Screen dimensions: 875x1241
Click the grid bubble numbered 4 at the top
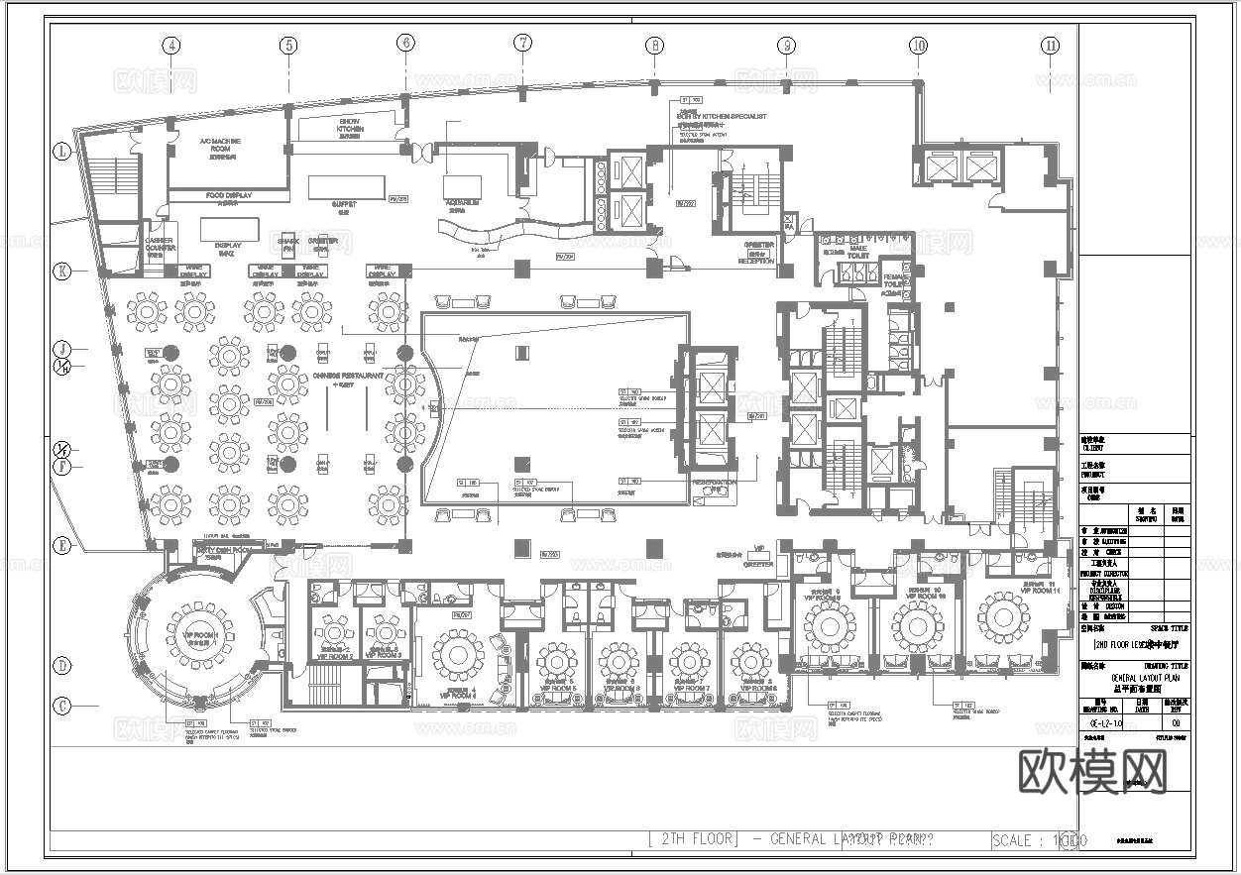pyautogui.click(x=171, y=45)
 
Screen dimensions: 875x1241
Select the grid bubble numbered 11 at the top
pyautogui.click(x=1051, y=45)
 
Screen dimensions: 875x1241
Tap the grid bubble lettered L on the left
pyautogui.click(x=62, y=152)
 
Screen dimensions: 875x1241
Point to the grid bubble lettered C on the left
pyautogui.click(x=62, y=706)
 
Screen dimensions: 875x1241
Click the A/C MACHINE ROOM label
pyautogui.click(x=220, y=147)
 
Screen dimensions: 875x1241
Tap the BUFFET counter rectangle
pyautogui.click(x=346, y=187)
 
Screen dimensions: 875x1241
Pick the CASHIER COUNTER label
pyautogui.click(x=160, y=246)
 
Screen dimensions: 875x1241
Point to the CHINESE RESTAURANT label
pyautogui.click(x=347, y=376)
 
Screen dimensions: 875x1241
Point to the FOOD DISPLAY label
pyautogui.click(x=228, y=196)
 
